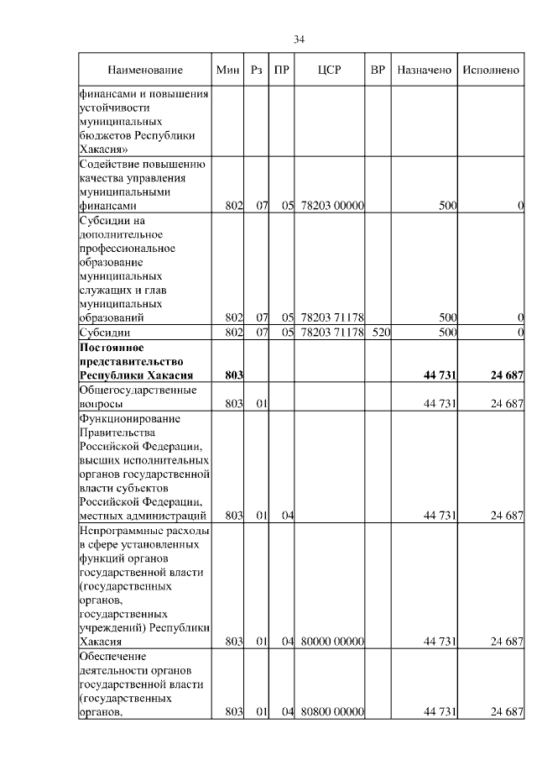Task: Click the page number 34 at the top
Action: point(299,39)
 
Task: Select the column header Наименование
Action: point(144,70)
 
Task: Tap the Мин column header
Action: point(228,70)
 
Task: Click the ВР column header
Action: point(378,70)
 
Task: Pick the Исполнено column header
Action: point(493,70)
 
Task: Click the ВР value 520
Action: point(378,333)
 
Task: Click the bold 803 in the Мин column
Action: point(233,375)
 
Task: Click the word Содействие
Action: point(108,163)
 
